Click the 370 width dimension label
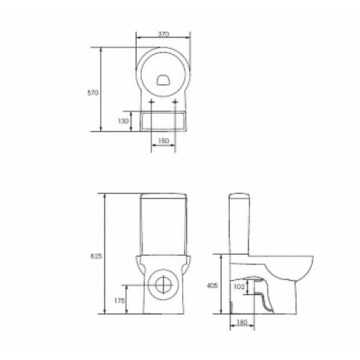[163, 34]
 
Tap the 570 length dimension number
[93, 93]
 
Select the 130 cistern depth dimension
[123, 121]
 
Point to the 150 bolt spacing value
[163, 140]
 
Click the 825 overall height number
[96, 256]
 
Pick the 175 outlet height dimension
[120, 300]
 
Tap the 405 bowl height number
[212, 286]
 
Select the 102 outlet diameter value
[239, 287]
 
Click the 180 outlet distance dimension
[242, 323]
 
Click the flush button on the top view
[163, 80]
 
